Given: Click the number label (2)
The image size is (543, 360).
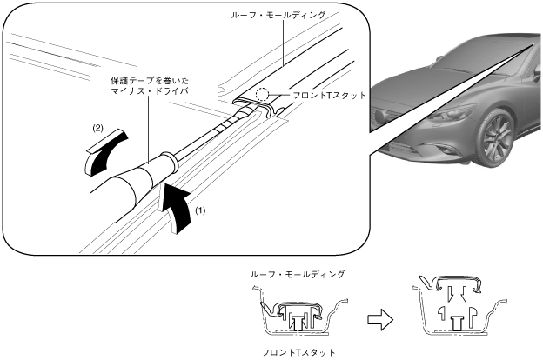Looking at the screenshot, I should pyautogui.click(x=98, y=128).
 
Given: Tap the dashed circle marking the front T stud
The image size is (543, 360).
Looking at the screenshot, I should pyautogui.click(x=276, y=97).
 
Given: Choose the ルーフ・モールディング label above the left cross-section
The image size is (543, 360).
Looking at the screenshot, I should pyautogui.click(x=297, y=273).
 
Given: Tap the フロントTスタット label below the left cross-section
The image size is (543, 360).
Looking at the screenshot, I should pyautogui.click(x=297, y=352).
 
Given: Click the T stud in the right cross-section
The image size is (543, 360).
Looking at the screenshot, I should pyautogui.click(x=458, y=321).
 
